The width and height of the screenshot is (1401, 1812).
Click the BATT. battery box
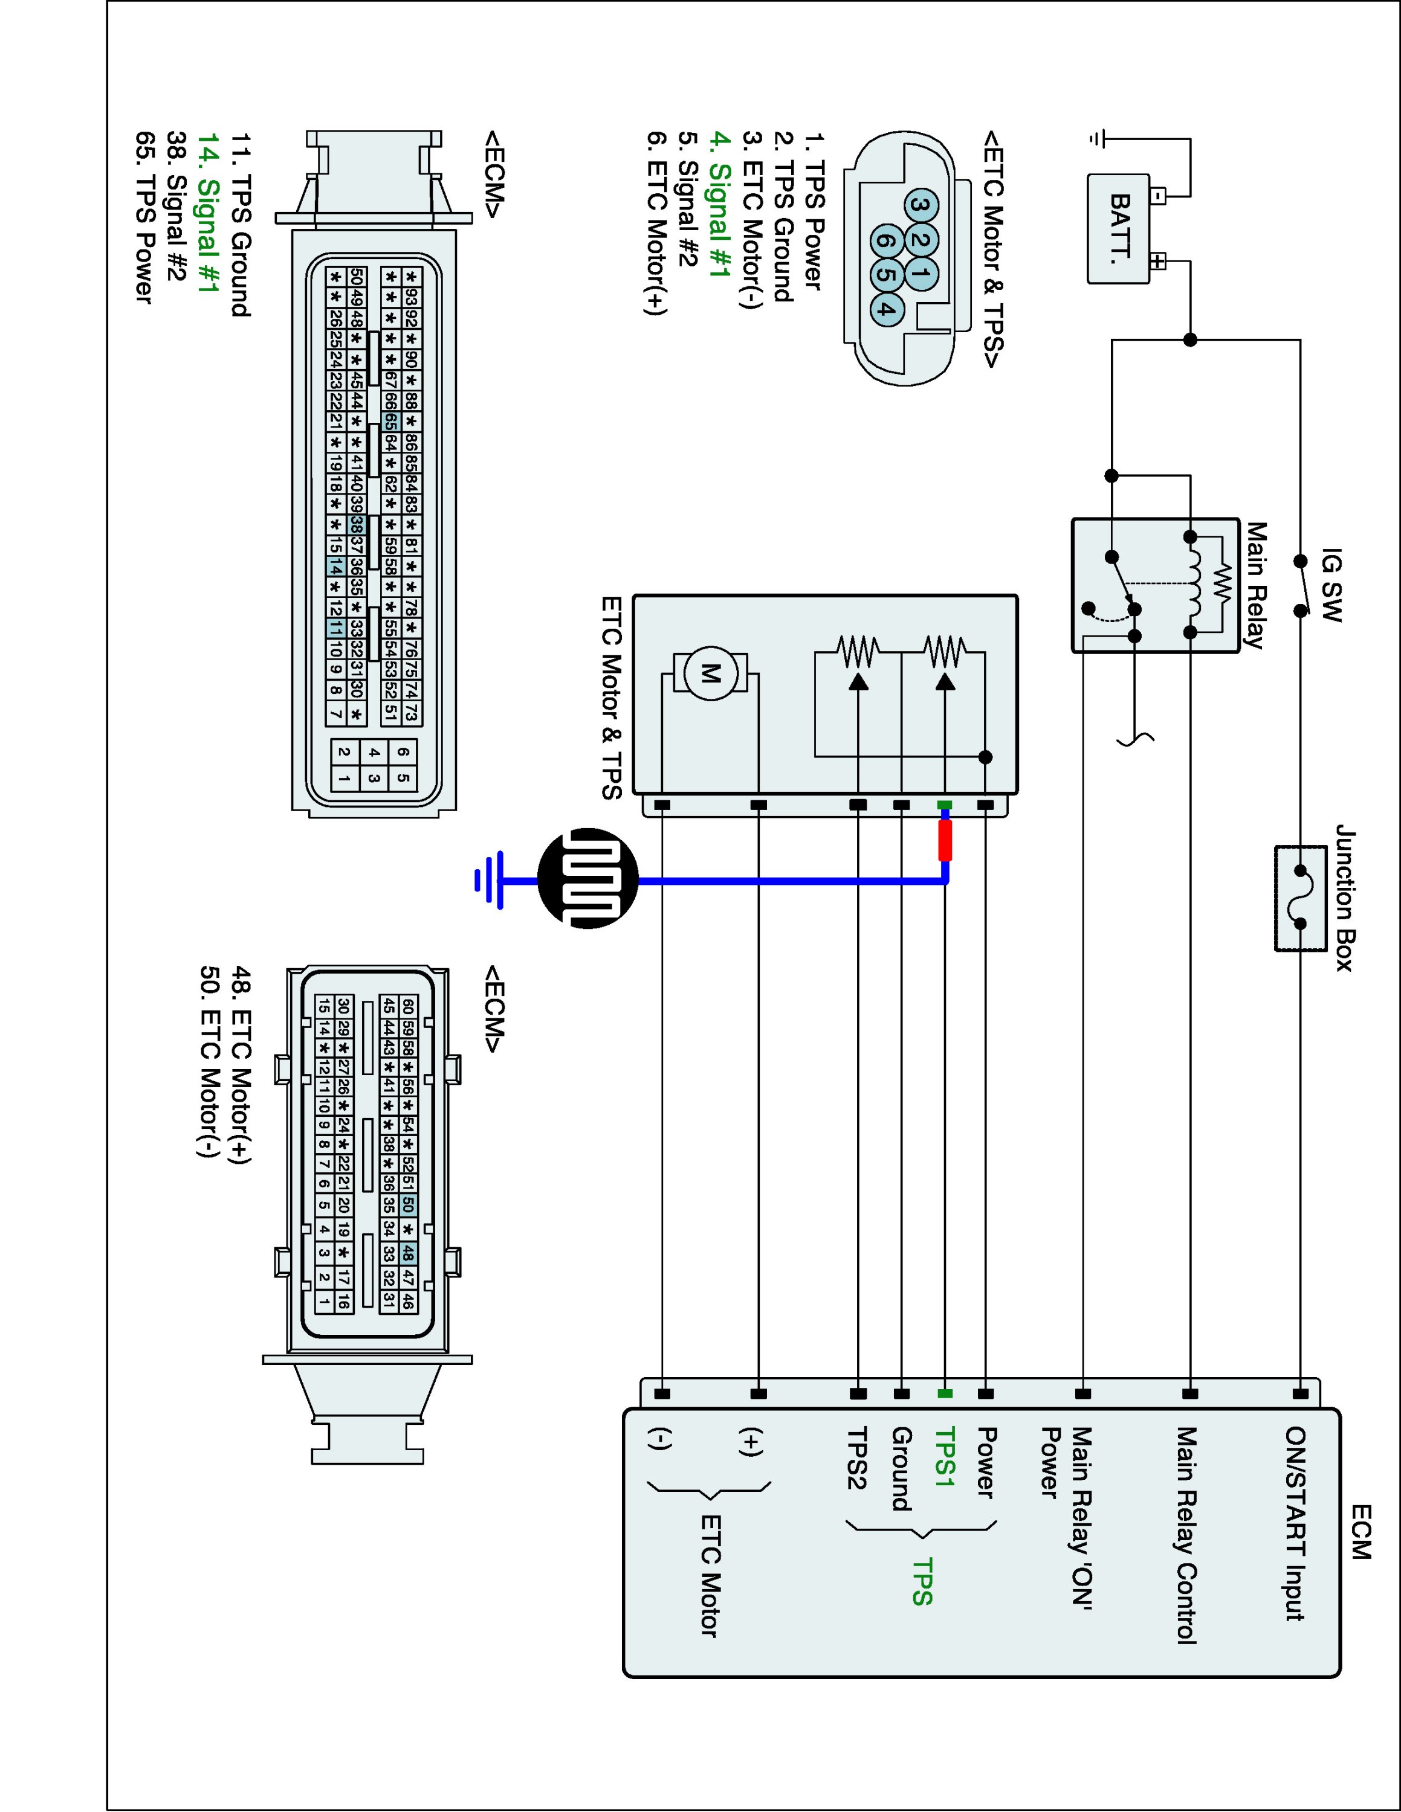(x=1119, y=228)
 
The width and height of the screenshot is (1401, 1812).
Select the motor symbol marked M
(x=710, y=673)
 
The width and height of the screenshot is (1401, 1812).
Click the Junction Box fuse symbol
(x=1299, y=898)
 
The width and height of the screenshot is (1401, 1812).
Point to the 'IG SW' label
(x=1331, y=584)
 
